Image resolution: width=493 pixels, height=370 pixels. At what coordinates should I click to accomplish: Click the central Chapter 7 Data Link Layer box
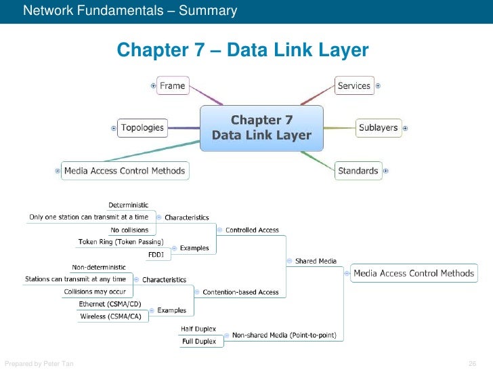coord(261,127)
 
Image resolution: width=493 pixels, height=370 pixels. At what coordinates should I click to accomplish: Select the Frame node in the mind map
coord(172,86)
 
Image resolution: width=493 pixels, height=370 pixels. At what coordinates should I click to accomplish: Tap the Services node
coord(354,86)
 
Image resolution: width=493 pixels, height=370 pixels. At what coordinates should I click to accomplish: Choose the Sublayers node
coord(378,127)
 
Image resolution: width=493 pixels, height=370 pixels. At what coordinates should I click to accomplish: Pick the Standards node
coord(358,171)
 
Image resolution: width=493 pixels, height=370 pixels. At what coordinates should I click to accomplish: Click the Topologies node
coord(142,127)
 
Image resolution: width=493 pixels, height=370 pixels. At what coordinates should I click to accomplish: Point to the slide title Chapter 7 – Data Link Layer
coord(242,50)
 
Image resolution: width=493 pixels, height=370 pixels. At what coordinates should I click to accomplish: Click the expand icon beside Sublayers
coord(405,127)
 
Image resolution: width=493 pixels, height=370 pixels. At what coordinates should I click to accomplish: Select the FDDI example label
coord(155,255)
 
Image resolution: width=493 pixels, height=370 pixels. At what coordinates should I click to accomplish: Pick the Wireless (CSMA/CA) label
coord(110,316)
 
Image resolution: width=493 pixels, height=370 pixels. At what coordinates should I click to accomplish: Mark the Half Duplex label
coord(198,329)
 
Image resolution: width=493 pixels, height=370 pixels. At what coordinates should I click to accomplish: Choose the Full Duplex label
coord(198,342)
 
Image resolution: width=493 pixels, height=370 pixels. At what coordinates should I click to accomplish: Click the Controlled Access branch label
coord(252,230)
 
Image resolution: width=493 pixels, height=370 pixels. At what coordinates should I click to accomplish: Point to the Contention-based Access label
coord(240,292)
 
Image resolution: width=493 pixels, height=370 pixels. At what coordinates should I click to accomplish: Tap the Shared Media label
coord(316,261)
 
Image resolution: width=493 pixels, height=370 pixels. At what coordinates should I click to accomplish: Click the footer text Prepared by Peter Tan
coord(39,364)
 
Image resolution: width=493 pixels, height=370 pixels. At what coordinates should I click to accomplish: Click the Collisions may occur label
coord(94,291)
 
